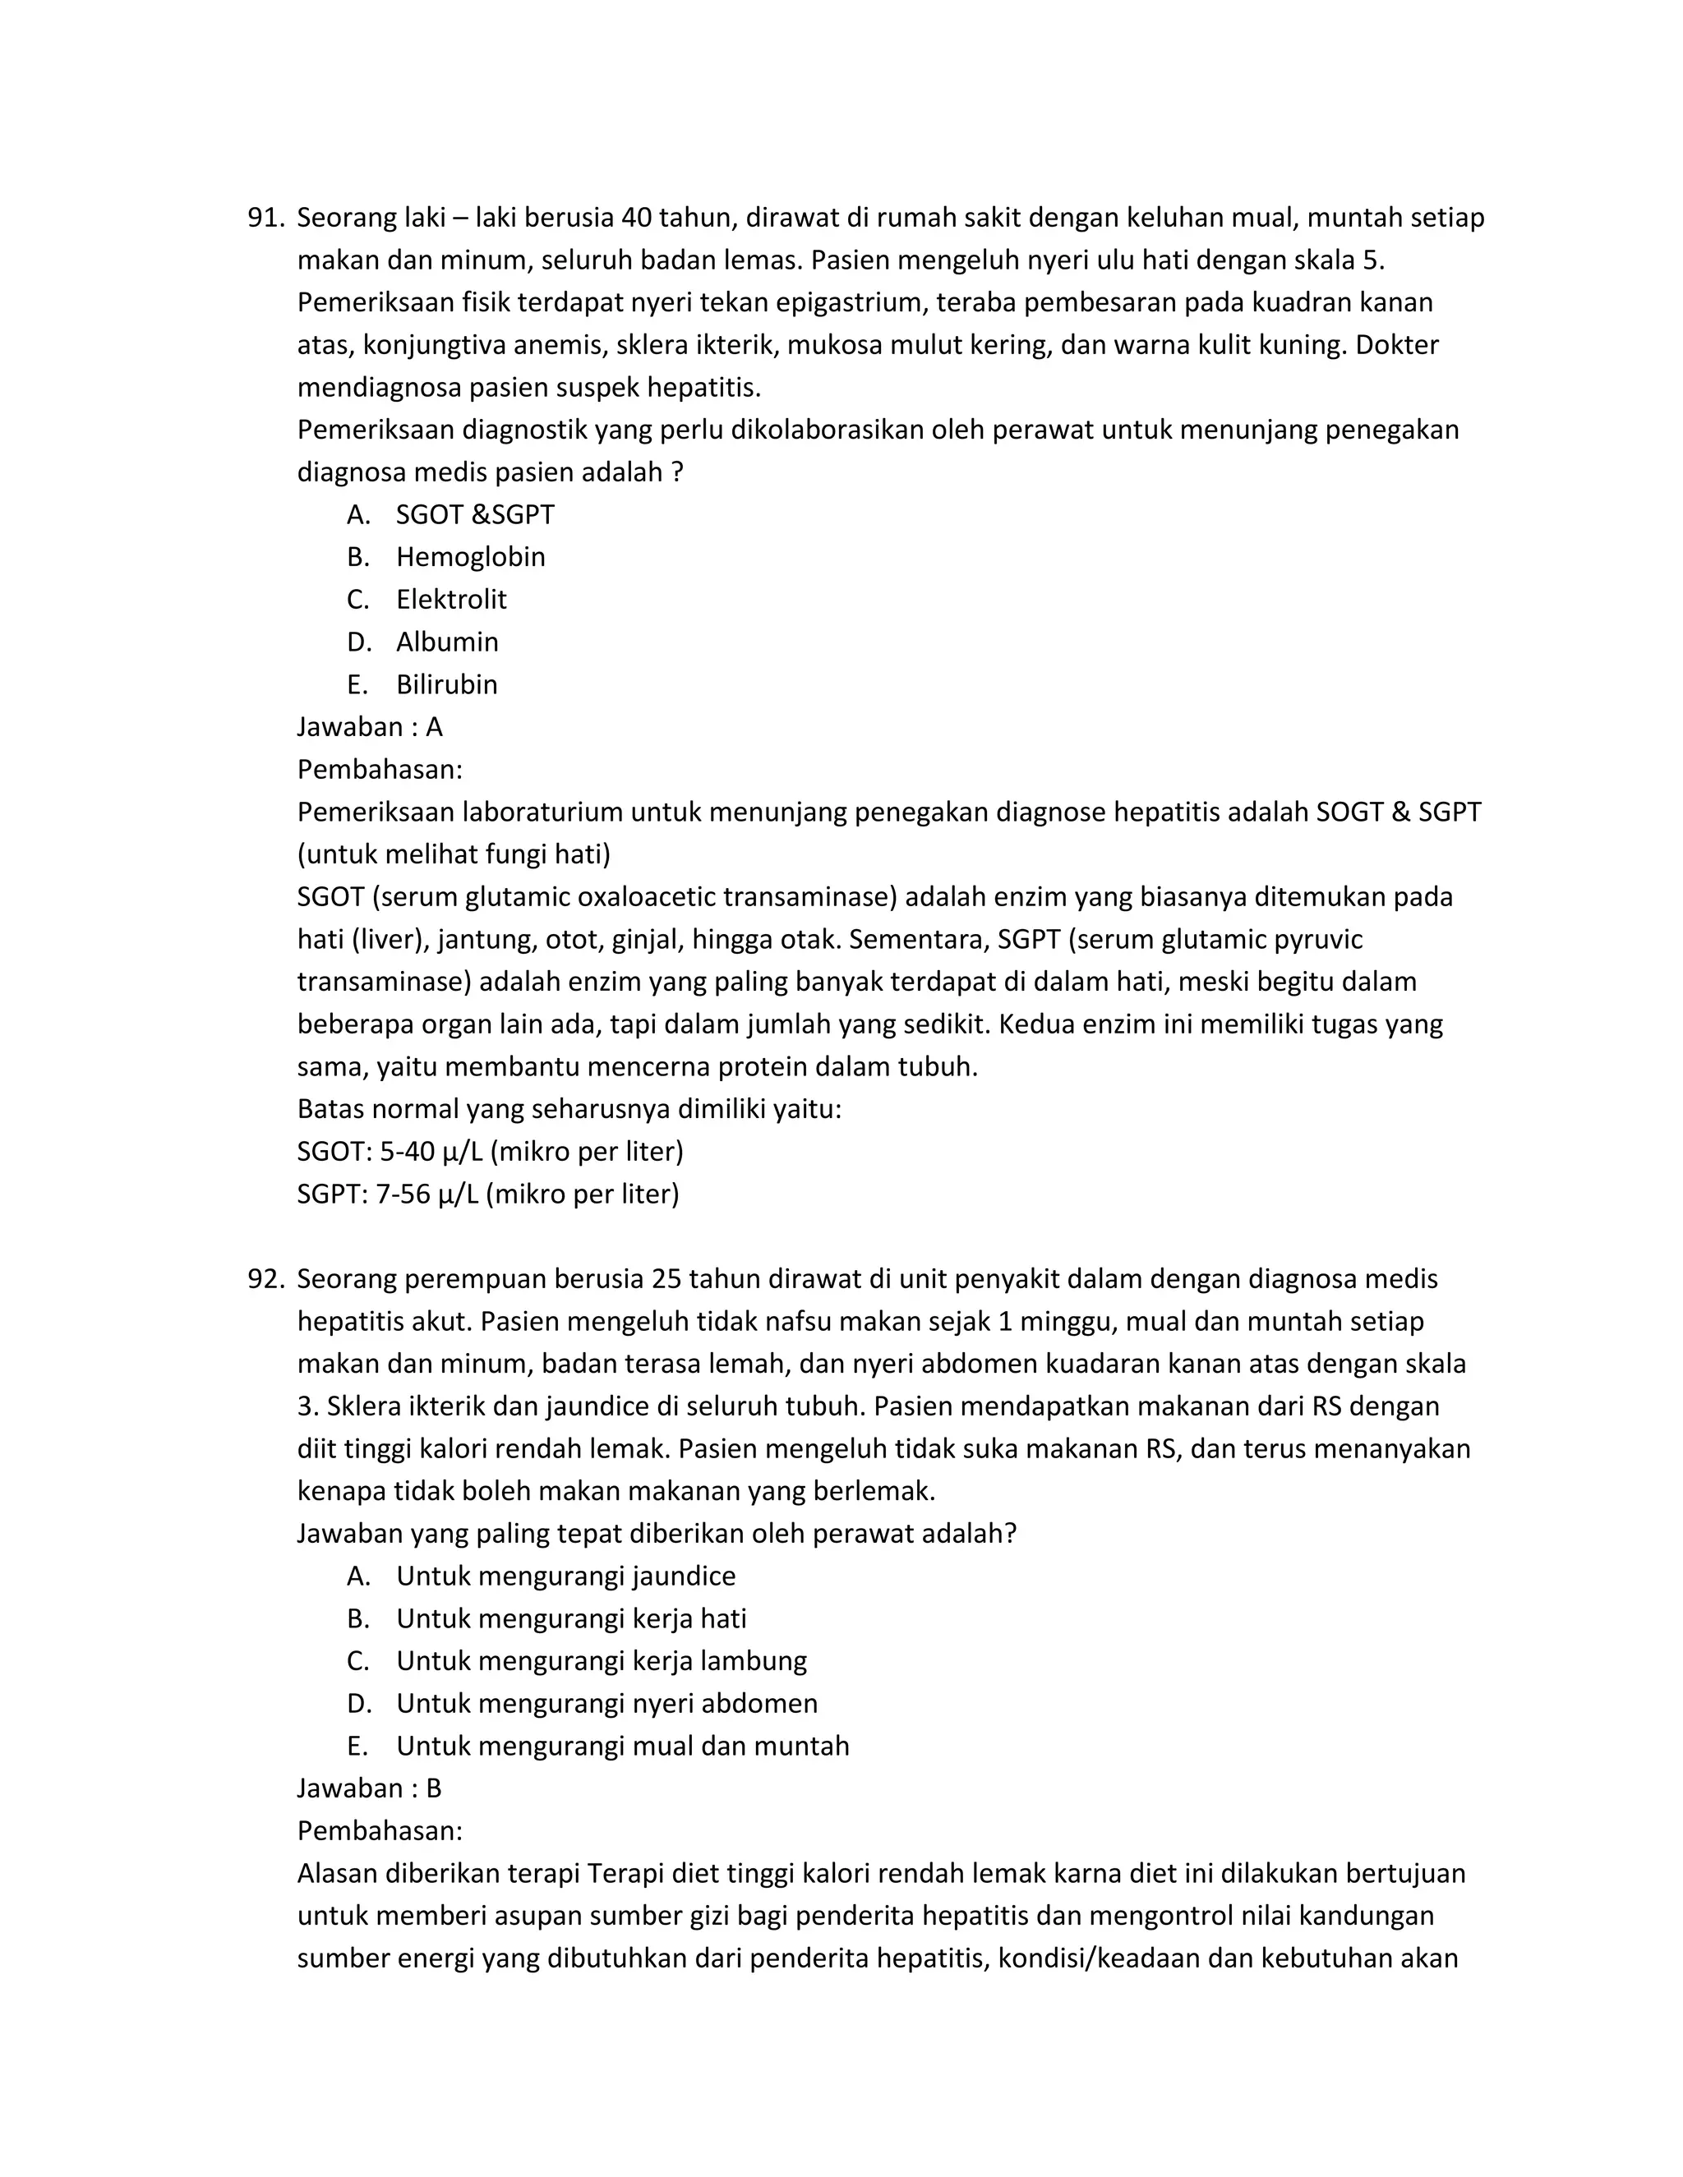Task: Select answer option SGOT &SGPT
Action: click(x=475, y=514)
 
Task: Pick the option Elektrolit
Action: click(x=450, y=599)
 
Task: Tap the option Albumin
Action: click(x=447, y=642)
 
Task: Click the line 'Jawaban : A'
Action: click(x=370, y=727)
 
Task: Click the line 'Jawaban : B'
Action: click(x=369, y=1788)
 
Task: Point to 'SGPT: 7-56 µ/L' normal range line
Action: click(x=487, y=1194)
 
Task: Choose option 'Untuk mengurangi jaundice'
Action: click(x=565, y=1576)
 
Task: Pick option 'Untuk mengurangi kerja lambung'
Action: click(x=602, y=1660)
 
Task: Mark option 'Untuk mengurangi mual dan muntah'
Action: click(x=622, y=1747)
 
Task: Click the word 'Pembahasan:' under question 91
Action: click(x=380, y=770)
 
